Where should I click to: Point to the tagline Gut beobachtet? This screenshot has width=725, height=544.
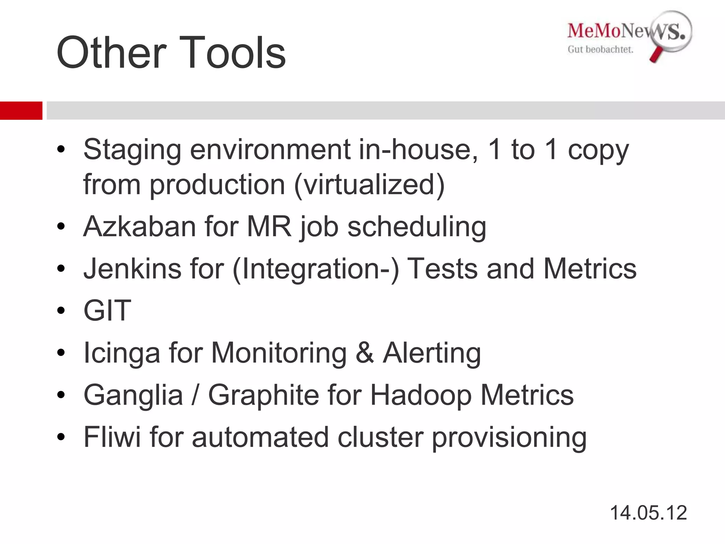600,50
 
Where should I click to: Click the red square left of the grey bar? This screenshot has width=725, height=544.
21,110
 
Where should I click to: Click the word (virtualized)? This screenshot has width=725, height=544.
369,185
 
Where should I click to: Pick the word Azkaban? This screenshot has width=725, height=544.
139,226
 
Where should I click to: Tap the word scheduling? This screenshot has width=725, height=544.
417,227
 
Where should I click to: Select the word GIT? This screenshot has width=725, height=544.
107,311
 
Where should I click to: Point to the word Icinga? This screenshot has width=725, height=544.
121,353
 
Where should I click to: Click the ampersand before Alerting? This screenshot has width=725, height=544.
365,353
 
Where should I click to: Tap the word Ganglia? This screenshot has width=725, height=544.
133,395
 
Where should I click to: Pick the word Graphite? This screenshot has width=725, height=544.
263,395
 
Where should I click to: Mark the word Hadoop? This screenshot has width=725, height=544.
421,395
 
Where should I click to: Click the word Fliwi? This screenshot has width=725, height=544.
112,437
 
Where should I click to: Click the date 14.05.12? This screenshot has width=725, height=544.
648,513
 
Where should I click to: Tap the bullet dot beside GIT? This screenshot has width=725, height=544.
61,311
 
